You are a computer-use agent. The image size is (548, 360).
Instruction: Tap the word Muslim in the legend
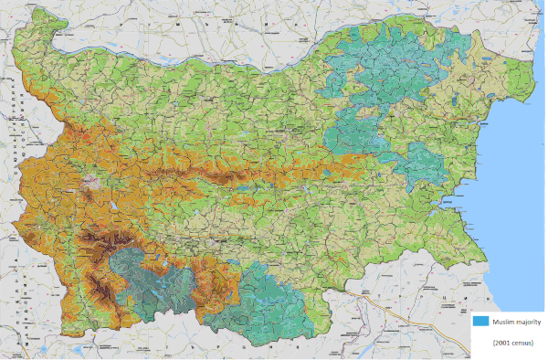(x=504, y=321)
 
